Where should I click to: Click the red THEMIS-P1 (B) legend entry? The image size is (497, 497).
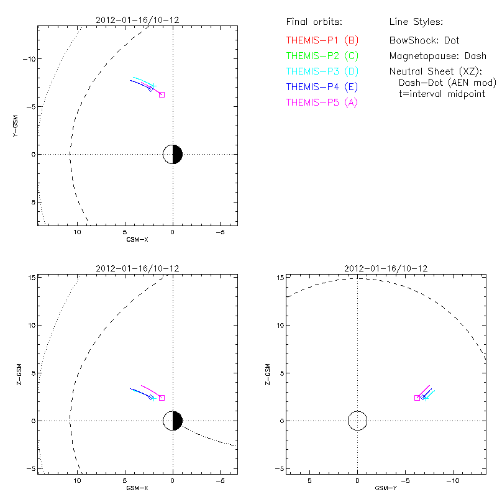[x=322, y=40]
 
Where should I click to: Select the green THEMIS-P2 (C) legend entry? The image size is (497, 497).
[x=322, y=56]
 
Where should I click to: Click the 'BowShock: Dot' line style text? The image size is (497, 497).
[x=424, y=40]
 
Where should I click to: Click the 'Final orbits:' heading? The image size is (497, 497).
[x=314, y=22]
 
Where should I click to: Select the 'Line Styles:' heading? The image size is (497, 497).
[x=416, y=22]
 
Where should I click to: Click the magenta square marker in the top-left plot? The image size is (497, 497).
[x=162, y=94]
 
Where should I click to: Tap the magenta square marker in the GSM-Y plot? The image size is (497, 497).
[x=417, y=398]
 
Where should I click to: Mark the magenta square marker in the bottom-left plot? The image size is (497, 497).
[x=162, y=398]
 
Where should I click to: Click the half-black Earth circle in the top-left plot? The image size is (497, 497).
[x=173, y=154]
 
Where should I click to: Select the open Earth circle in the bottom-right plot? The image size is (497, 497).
[x=357, y=421]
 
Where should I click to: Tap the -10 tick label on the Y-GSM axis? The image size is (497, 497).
[x=29, y=58]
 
